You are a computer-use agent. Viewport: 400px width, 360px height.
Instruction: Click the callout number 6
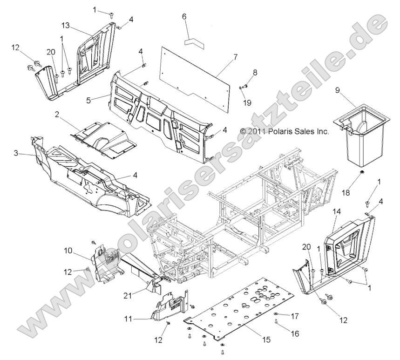(x=184, y=17)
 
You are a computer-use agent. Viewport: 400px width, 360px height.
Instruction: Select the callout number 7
(x=235, y=57)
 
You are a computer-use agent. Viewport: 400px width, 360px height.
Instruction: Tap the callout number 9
(x=337, y=90)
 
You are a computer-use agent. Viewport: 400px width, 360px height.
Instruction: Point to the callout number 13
(x=66, y=25)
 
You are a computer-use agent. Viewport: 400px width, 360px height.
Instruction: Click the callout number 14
(x=337, y=211)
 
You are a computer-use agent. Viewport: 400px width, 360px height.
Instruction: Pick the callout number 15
(x=266, y=340)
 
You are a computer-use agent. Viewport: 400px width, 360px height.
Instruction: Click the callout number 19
(x=247, y=102)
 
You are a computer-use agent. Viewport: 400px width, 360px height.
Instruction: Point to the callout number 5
(x=88, y=100)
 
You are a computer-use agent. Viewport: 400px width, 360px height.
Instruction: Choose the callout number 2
(x=57, y=114)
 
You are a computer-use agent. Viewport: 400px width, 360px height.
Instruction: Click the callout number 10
(x=68, y=251)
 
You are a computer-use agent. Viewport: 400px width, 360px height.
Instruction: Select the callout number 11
(x=129, y=319)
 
